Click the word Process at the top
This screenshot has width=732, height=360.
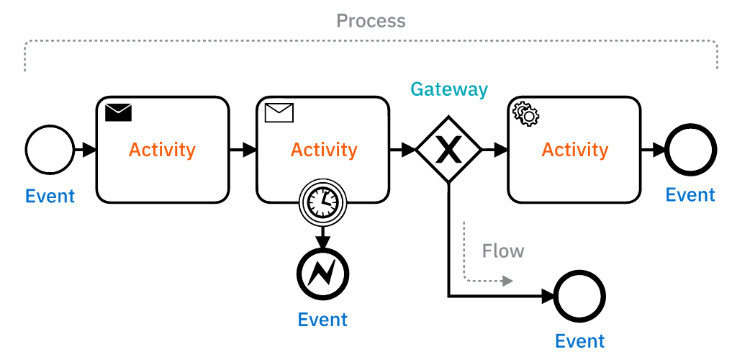pos(371,21)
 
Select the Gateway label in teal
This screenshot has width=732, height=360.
pos(449,89)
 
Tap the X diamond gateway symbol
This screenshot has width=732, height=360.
pos(449,150)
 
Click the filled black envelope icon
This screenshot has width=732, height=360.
pos(119,112)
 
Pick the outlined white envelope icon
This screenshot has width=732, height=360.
pos(279,112)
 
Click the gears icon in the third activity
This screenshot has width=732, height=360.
pos(525,114)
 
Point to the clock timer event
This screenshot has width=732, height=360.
pos(322,202)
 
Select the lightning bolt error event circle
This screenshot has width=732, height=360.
pos(322,274)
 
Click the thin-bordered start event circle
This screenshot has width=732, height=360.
pos(50,150)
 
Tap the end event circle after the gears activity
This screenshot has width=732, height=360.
pos(690,150)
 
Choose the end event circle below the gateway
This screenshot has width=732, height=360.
pos(579,296)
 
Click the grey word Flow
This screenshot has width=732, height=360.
pos(503,251)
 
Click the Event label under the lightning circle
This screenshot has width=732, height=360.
pos(322,319)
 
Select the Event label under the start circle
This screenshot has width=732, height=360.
pos(50,196)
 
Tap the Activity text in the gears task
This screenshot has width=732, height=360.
pos(574,150)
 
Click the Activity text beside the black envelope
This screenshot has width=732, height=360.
pos(162,150)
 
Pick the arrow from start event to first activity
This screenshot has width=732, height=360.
pos(86,150)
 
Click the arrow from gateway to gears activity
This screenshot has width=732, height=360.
pos(494,150)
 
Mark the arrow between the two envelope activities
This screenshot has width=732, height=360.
pos(243,150)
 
